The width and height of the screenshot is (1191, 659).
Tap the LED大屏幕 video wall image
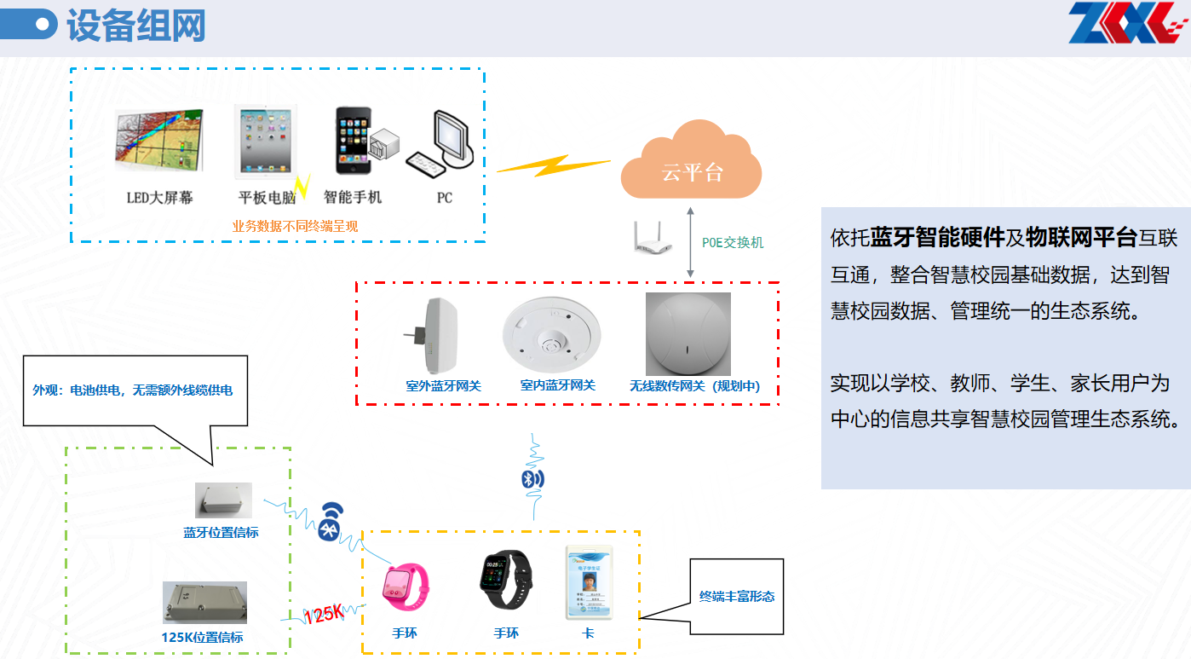tap(159, 141)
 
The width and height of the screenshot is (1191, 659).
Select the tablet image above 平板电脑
tap(266, 142)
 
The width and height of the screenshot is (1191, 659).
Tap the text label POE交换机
tap(733, 242)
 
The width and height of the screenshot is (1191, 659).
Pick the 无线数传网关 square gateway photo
tap(688, 332)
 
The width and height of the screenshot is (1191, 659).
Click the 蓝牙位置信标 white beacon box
tap(222, 500)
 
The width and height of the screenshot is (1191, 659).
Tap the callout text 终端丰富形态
tap(737, 597)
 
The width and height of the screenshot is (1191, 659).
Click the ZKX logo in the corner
tap(1124, 23)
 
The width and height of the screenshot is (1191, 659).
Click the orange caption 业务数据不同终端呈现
tap(296, 226)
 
